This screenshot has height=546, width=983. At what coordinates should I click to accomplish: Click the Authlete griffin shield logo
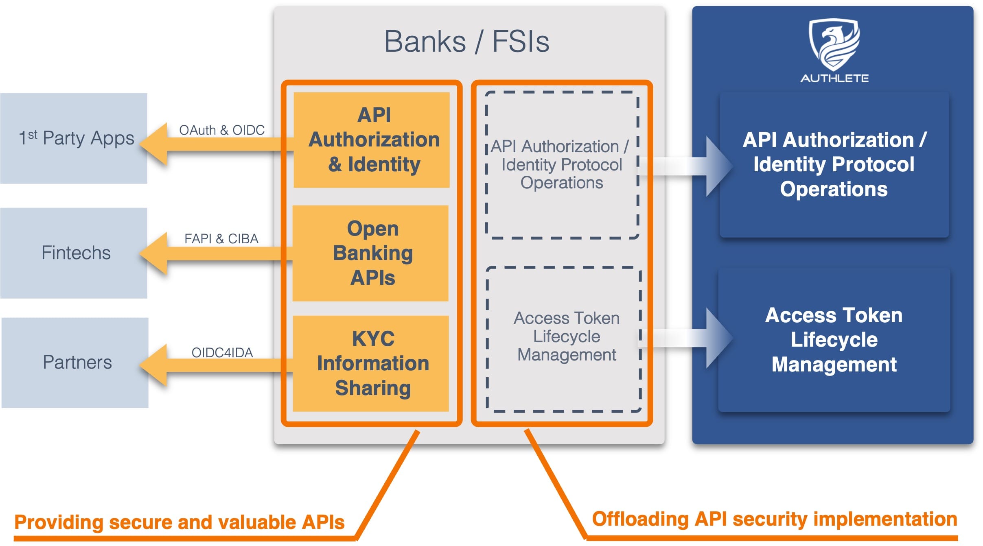tap(834, 44)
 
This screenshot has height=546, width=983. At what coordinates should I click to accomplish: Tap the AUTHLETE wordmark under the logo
tap(834, 78)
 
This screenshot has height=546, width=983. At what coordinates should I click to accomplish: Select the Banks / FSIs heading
tap(467, 41)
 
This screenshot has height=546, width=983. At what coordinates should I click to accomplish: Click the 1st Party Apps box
tap(74, 138)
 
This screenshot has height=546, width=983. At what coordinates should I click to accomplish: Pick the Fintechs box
tap(74, 253)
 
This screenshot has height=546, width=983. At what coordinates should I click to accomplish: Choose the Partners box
tap(75, 363)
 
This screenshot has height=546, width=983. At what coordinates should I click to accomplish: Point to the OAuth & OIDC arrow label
tap(222, 130)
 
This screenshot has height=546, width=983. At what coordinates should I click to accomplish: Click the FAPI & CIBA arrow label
tap(221, 238)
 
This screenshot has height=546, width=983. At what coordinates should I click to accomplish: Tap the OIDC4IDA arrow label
tap(222, 352)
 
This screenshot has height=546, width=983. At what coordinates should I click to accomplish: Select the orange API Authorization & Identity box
tap(372, 140)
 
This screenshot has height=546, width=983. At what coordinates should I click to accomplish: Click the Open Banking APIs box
tap(371, 253)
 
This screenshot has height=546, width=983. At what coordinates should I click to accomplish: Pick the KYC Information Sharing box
tap(371, 363)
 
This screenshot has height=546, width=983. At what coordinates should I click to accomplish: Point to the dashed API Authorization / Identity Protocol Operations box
tap(562, 165)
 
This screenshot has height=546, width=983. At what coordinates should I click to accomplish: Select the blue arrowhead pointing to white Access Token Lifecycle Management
tap(718, 338)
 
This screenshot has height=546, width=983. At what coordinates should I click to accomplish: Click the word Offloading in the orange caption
tap(640, 519)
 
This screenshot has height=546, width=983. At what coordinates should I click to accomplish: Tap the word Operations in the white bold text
tap(834, 189)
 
